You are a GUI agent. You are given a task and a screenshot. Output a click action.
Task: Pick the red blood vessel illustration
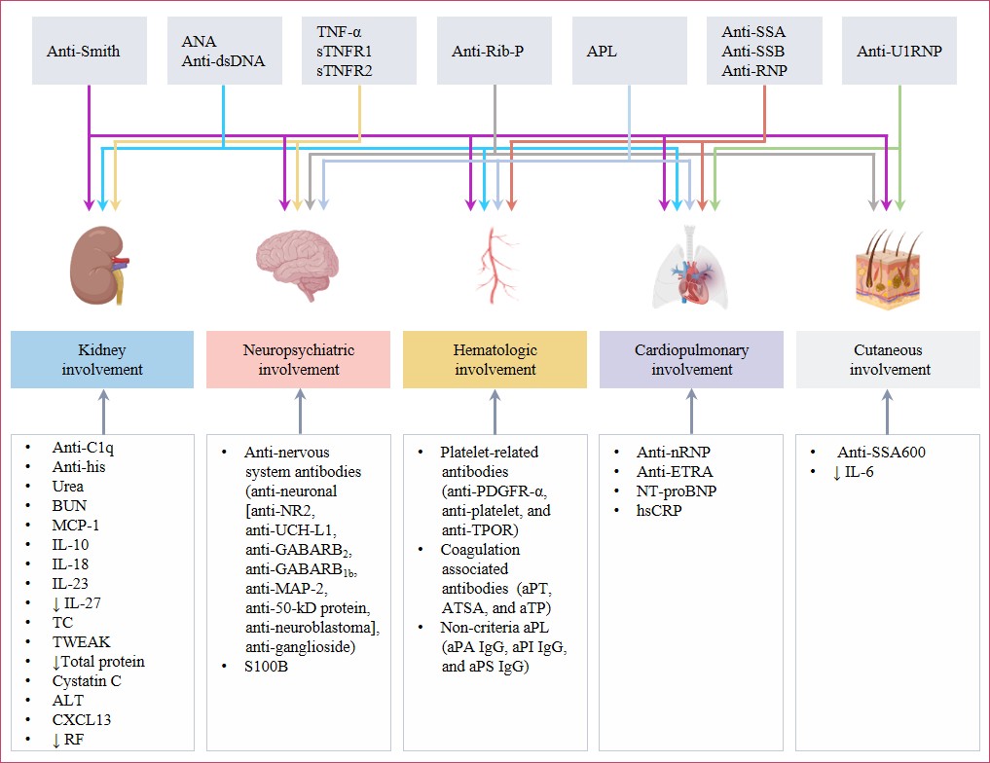(x=496, y=263)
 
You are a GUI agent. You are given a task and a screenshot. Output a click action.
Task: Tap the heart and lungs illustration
(x=688, y=268)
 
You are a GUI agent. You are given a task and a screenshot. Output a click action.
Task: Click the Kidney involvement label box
(x=102, y=359)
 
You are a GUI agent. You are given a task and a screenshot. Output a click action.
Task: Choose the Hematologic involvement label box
(x=495, y=359)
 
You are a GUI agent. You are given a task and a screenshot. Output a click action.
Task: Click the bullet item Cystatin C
(x=89, y=680)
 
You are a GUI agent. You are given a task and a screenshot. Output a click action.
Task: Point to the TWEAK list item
(x=83, y=642)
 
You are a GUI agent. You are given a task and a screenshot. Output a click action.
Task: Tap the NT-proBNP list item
(x=677, y=490)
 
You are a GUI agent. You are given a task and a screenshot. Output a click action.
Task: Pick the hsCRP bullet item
(x=659, y=510)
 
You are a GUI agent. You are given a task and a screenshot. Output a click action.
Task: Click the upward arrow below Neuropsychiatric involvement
(x=300, y=410)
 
